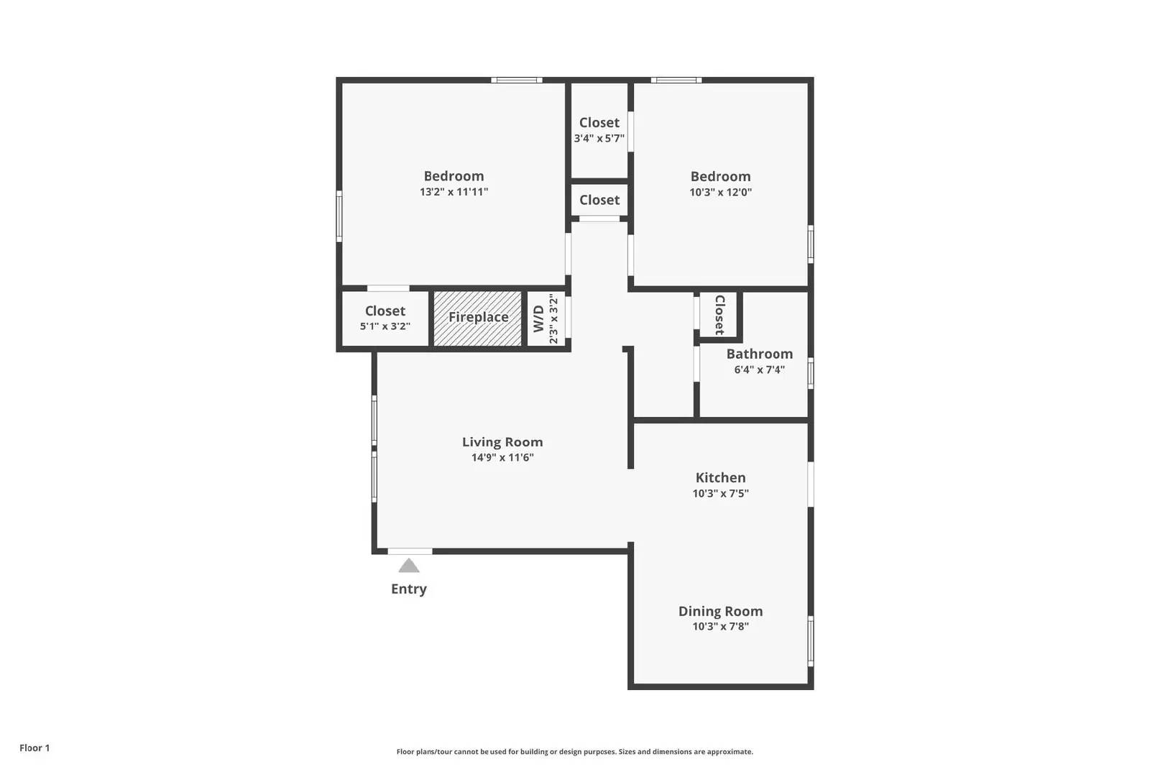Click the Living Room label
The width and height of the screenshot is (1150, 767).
pos(502,442)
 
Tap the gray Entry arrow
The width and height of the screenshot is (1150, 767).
pos(409,566)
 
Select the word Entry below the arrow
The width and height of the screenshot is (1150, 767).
pos(409,589)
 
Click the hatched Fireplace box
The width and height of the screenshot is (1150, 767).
pos(478,318)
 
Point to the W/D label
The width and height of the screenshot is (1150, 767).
pos(538,318)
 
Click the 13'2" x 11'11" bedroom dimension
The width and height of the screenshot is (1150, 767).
pos(454,192)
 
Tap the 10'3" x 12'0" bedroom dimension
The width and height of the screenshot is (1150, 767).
pos(720,192)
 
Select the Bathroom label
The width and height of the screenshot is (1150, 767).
pos(759,354)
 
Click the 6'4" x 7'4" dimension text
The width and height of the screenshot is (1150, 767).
pos(759,369)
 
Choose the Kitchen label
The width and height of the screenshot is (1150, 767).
pos(720,477)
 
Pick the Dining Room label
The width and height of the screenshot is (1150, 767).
pos(720,611)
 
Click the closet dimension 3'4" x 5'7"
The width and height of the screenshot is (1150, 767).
pos(599,138)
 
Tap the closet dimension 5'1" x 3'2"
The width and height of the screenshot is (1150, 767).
pos(385,326)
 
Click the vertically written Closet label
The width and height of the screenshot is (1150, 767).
pos(719,315)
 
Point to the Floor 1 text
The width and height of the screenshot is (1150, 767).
pos(34,748)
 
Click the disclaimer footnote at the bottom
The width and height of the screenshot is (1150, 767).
pos(574,752)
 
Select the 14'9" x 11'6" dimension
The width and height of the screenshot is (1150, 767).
pos(502,458)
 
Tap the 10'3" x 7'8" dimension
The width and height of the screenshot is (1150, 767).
pos(720,626)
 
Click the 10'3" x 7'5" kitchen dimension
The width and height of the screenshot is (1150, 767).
pos(720,493)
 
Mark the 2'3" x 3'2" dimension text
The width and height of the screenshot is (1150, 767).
pos(553,318)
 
